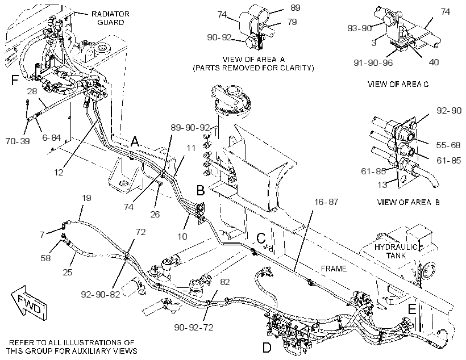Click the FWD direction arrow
click(x=29, y=303)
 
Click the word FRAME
click(x=334, y=269)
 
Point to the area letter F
click(x=15, y=80)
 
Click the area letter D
click(x=267, y=348)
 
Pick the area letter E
click(x=412, y=310)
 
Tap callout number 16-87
click(x=326, y=202)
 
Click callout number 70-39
click(x=18, y=141)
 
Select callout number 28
click(x=32, y=91)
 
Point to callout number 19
click(x=86, y=198)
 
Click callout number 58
click(x=45, y=258)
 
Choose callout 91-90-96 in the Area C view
click(x=373, y=62)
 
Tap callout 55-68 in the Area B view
click(x=448, y=145)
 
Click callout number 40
click(x=434, y=62)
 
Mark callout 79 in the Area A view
click(x=292, y=22)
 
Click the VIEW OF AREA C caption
click(x=398, y=84)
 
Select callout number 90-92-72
click(x=194, y=327)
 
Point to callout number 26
click(x=155, y=214)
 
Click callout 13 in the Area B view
click(x=382, y=185)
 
